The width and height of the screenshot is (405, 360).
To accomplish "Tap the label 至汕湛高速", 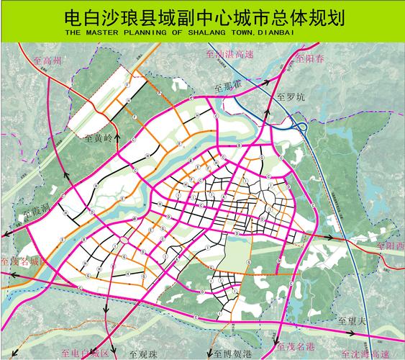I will (228, 55).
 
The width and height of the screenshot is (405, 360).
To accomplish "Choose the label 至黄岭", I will (99, 137).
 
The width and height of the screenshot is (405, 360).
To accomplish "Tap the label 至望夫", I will (352, 320).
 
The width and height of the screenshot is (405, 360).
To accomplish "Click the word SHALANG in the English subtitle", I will (234, 33).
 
